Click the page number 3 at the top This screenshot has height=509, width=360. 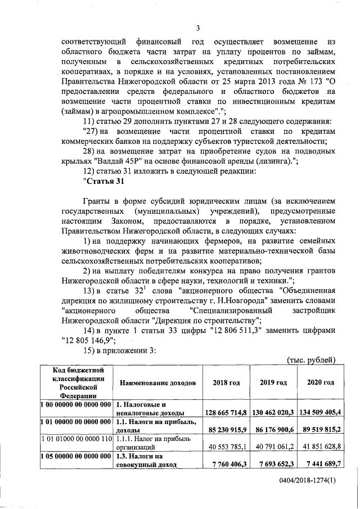pyautogui.click(x=198, y=29)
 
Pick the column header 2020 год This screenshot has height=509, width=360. pyautogui.click(x=320, y=382)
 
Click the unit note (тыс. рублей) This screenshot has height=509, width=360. pyautogui.click(x=311, y=359)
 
